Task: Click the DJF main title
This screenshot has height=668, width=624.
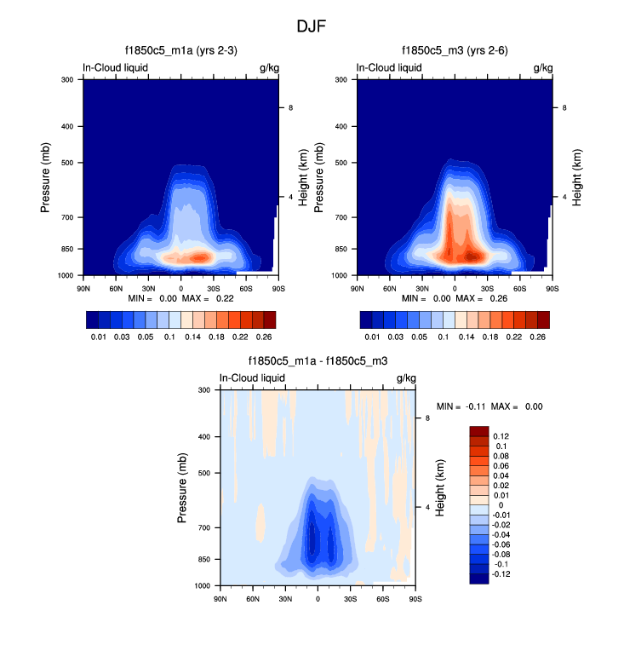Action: (x=311, y=26)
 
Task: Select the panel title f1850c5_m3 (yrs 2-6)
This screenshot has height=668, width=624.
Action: (x=454, y=51)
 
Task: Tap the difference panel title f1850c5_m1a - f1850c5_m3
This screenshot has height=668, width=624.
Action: (x=318, y=361)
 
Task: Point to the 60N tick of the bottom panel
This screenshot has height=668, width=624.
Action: (x=253, y=600)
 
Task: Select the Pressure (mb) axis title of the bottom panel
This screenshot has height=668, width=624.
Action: (x=183, y=488)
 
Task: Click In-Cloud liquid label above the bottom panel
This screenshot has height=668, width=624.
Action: (x=252, y=377)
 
